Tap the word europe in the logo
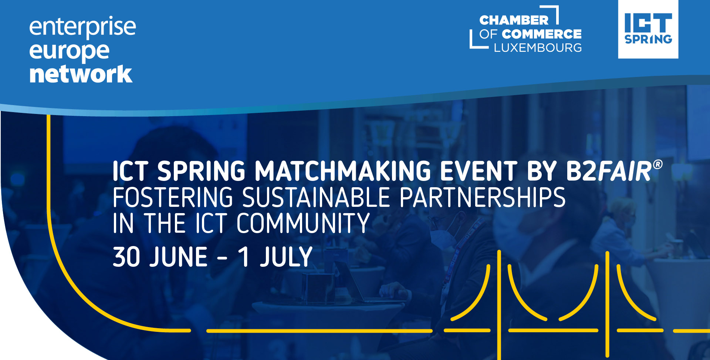click(69, 52)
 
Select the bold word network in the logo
click(81, 74)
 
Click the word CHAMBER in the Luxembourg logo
click(514, 20)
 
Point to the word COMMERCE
click(542, 34)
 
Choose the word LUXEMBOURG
click(538, 48)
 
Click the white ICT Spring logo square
click(648, 29)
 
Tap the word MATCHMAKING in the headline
click(343, 171)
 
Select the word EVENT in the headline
click(479, 171)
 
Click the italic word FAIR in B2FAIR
click(625, 171)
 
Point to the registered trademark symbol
click(657, 164)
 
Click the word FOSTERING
click(173, 198)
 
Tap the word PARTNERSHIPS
click(483, 198)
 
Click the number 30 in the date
click(126, 257)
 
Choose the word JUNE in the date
click(178, 257)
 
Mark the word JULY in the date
click(286, 257)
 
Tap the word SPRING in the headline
click(201, 171)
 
